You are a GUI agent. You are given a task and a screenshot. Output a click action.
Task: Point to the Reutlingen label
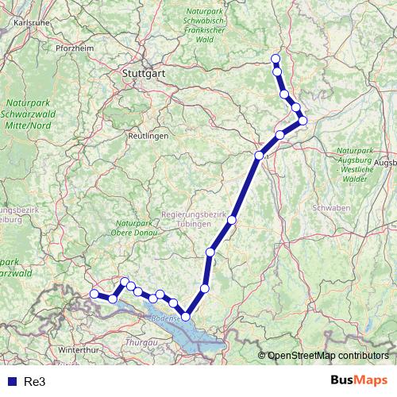point(148,137)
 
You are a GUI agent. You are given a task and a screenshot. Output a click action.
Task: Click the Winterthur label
point(76,349)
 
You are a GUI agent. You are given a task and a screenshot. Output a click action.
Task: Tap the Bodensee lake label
point(168,322)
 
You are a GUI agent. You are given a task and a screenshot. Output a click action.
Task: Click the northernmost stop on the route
point(276,59)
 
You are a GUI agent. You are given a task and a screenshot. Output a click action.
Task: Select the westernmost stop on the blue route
point(94,294)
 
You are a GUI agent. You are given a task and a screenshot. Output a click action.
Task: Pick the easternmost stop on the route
point(303,121)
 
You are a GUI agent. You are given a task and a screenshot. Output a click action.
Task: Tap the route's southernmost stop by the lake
point(187,316)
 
